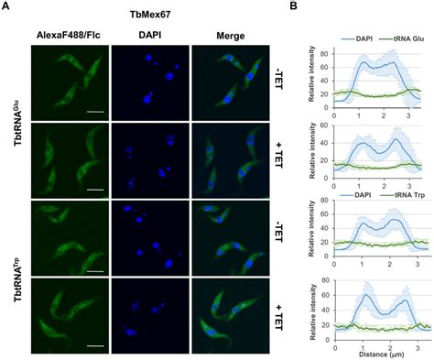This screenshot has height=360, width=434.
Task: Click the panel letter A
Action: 6,7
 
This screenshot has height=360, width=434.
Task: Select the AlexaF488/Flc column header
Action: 69,35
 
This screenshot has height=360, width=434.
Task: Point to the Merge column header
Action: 230,35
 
